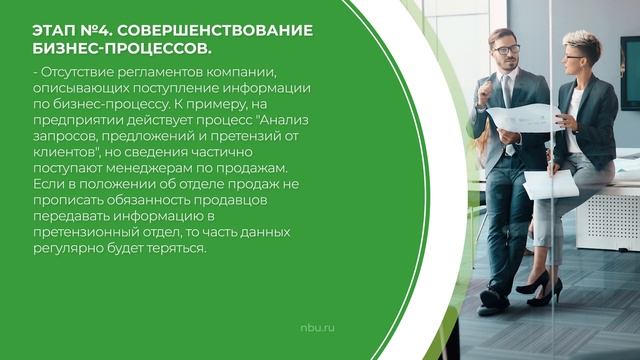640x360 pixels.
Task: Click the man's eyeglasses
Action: point(506,49)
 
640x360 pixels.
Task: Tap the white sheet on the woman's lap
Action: point(549,183)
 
